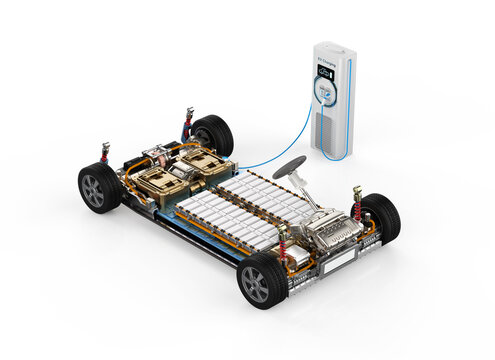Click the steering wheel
(x=289, y=166)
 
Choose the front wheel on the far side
(x=380, y=217)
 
